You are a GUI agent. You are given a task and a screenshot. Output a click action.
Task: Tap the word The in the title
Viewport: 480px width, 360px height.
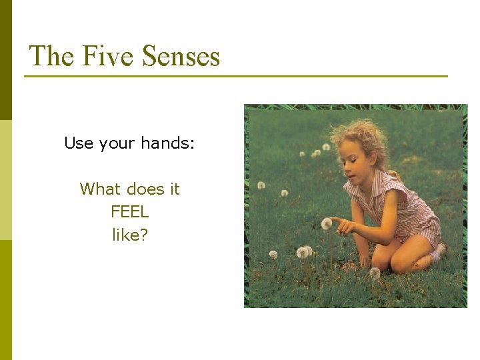click(52, 56)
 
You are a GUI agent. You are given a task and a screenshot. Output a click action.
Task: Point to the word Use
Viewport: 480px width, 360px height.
click(79, 143)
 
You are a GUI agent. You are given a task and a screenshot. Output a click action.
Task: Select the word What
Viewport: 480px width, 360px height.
click(99, 189)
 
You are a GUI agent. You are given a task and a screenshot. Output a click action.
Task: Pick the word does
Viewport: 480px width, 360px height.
click(144, 189)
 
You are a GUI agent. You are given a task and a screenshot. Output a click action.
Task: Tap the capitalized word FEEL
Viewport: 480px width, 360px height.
click(130, 212)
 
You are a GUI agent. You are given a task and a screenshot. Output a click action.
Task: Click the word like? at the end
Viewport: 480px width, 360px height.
click(130, 235)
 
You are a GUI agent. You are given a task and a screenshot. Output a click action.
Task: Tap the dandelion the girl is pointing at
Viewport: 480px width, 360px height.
click(326, 223)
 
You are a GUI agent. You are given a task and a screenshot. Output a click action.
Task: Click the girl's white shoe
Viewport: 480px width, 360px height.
click(439, 251)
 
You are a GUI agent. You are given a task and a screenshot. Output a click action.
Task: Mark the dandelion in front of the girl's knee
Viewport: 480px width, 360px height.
click(375, 272)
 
